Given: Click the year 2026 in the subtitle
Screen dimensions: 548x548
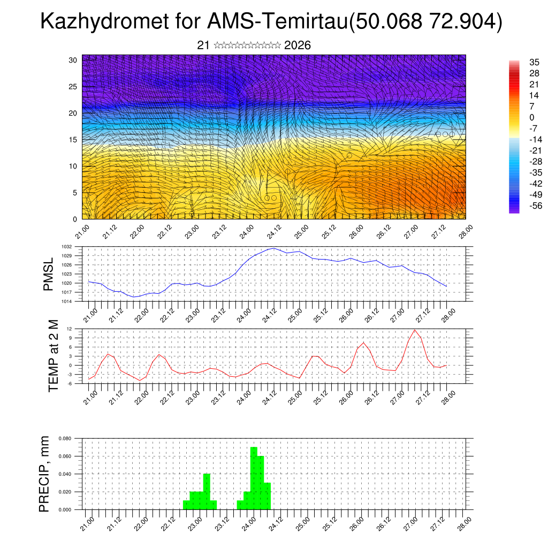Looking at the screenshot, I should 298,45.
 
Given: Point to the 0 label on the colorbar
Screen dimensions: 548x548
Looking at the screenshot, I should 532,117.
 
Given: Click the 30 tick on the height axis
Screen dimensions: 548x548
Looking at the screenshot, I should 73,60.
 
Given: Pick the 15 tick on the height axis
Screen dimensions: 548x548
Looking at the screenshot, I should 73,140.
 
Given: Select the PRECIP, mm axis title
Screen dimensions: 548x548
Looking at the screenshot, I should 45,474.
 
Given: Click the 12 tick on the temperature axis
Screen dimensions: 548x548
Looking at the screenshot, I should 70,329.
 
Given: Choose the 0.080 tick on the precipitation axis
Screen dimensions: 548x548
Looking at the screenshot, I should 64,438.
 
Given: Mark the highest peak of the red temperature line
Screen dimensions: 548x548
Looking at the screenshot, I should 415,330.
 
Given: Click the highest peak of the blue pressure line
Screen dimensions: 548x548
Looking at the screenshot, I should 274,248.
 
